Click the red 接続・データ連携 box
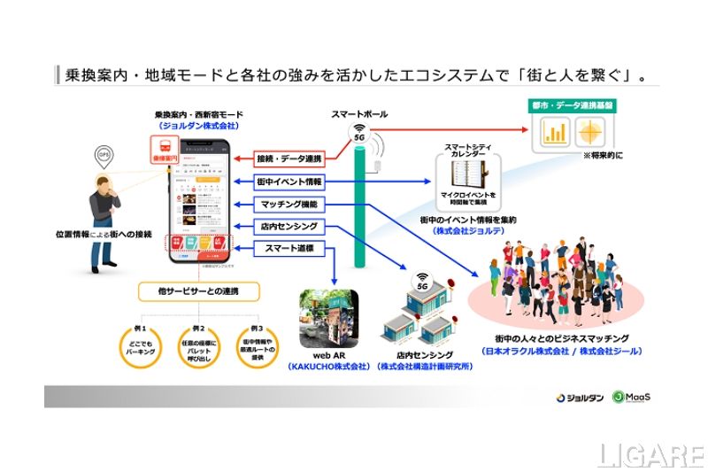[x=289, y=159]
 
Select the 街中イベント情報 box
[x=289, y=182]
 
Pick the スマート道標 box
[x=289, y=249]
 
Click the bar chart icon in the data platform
[x=555, y=133]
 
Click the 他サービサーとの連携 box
[x=199, y=290]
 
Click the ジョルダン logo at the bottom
[x=581, y=398]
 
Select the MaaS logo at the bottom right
[x=632, y=397]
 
